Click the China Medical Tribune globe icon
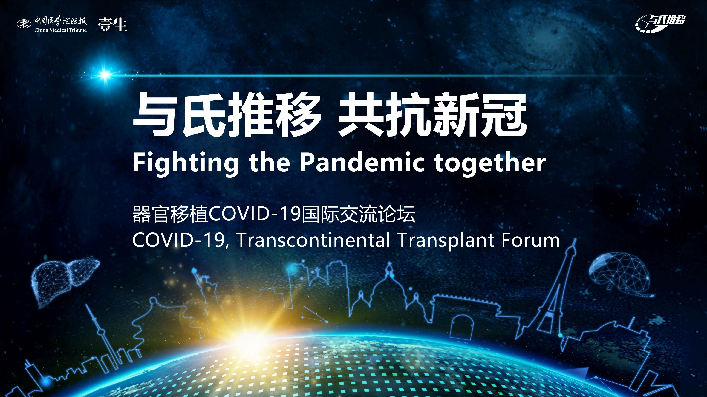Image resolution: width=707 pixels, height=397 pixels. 24,24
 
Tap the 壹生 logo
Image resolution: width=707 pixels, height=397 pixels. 113,24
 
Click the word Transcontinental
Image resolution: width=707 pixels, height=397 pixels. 313,240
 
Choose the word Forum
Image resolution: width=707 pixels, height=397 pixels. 530,240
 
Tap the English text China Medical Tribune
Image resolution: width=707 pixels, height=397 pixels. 60,30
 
